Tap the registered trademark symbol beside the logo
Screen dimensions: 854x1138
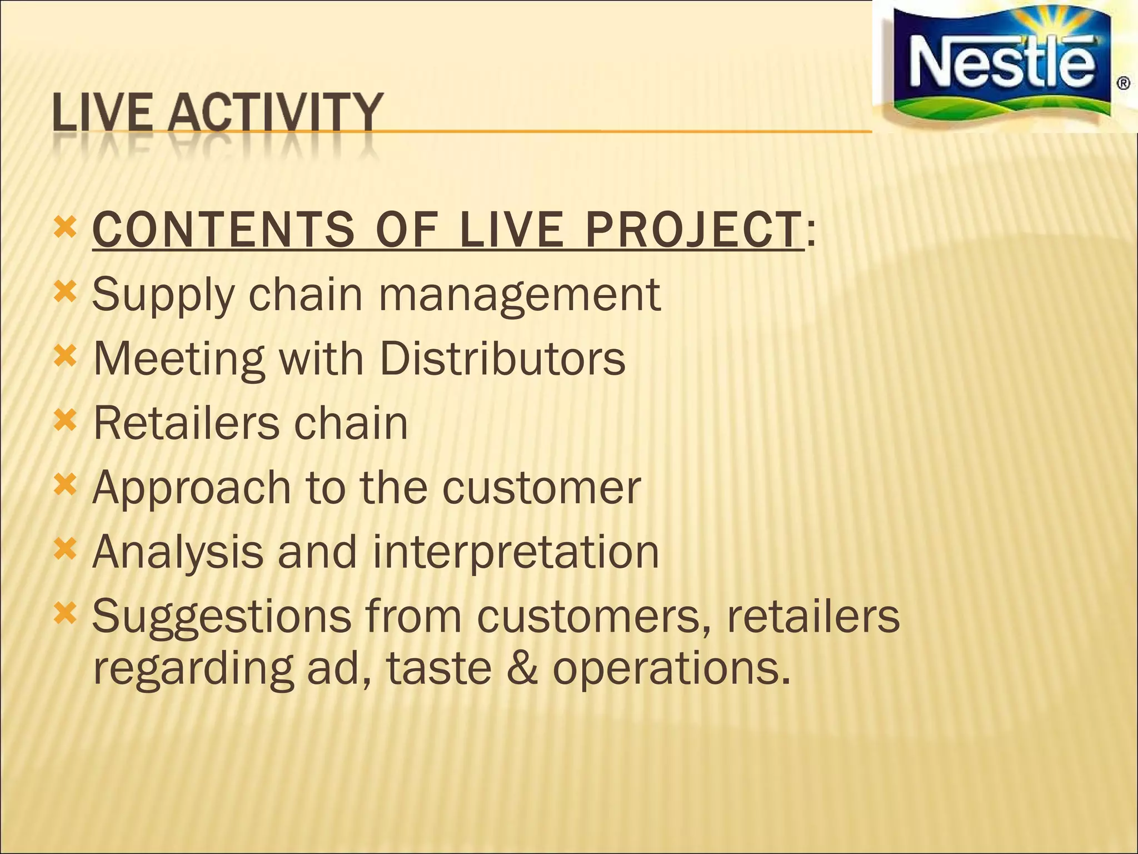(x=1123, y=84)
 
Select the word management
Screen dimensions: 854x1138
(x=520, y=295)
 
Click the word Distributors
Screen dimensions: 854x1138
(x=502, y=359)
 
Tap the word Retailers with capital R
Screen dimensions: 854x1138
(x=186, y=423)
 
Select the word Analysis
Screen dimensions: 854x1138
(x=178, y=553)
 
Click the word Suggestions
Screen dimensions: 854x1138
(x=222, y=617)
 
